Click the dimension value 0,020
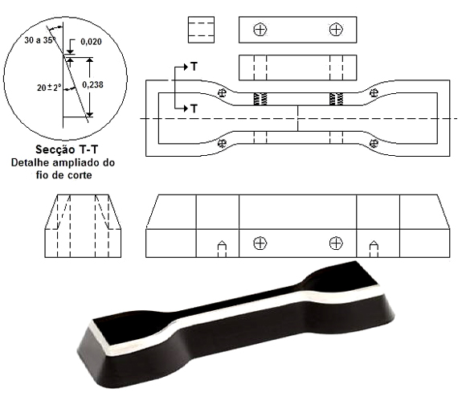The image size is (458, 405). tap(91, 42)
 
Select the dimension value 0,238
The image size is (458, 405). tap(92, 84)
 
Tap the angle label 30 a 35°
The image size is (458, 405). tap(39, 40)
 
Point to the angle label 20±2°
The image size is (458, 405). tap(49, 88)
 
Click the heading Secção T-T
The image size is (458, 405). tap(67, 149)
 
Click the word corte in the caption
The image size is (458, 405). tap(79, 175)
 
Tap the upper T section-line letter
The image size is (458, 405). tap(194, 67)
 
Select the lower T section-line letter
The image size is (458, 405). tap(194, 108)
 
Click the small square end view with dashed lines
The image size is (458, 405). tap(201, 30)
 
